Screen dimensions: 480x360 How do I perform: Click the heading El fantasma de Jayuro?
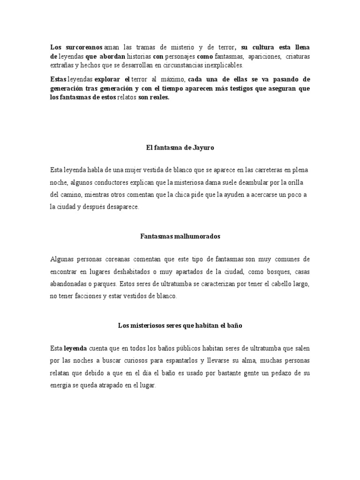click(180, 148)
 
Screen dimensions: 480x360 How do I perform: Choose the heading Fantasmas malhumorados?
click(180, 237)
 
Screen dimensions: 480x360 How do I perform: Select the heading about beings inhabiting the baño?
click(180, 325)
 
